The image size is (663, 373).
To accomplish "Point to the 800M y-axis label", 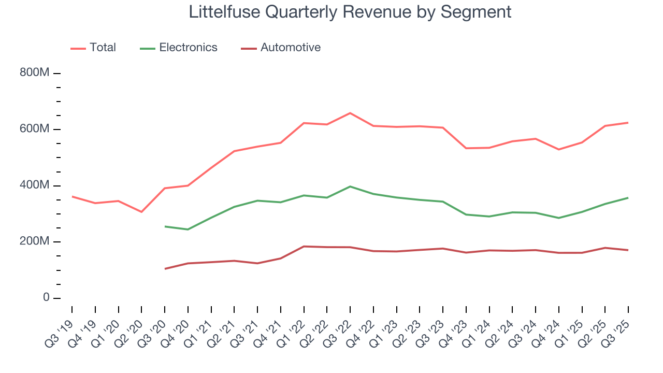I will point(34,73).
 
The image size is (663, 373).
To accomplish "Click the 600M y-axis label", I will point(34,129).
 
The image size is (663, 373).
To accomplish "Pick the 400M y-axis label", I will point(34,185).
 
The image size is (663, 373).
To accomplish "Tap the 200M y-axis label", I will point(34,242).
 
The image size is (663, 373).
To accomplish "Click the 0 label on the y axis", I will point(46,298).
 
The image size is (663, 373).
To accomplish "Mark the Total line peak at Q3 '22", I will point(350,113).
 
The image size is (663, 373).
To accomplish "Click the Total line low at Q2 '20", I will point(141,212).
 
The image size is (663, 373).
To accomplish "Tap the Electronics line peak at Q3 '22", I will point(350,187).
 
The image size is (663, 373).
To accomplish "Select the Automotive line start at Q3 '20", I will point(165,269).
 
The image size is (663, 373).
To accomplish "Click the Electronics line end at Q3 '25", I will point(628,197).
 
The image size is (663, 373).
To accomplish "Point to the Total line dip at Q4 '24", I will point(558,150).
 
